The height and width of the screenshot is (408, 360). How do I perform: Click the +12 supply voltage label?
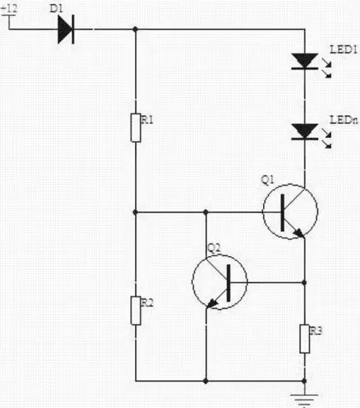click(9, 9)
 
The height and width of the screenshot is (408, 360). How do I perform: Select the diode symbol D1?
click(66, 29)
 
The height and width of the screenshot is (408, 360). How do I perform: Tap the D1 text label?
click(56, 9)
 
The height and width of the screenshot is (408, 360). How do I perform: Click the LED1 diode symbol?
click(304, 62)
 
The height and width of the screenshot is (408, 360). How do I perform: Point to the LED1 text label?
click(343, 49)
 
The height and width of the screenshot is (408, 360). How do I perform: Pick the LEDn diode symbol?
click(304, 132)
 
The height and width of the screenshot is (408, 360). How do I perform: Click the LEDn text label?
click(344, 120)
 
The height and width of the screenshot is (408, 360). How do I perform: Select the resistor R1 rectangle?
click(136, 128)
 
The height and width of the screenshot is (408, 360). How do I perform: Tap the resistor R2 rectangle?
click(136, 310)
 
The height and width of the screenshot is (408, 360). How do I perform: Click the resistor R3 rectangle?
click(304, 339)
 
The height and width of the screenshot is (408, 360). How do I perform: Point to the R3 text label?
click(316, 331)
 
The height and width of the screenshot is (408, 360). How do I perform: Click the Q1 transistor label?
click(267, 180)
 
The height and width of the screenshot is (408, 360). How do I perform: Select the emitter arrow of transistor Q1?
click(298, 233)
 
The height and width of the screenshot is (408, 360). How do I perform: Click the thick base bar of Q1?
click(283, 213)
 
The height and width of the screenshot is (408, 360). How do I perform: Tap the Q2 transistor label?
click(214, 248)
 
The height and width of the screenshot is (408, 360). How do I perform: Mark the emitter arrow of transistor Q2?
click(212, 303)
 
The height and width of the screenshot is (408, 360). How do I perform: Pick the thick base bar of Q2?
click(228, 283)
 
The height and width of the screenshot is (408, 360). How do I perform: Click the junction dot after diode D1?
click(135, 29)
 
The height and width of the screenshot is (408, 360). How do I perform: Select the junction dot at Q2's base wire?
click(304, 283)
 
